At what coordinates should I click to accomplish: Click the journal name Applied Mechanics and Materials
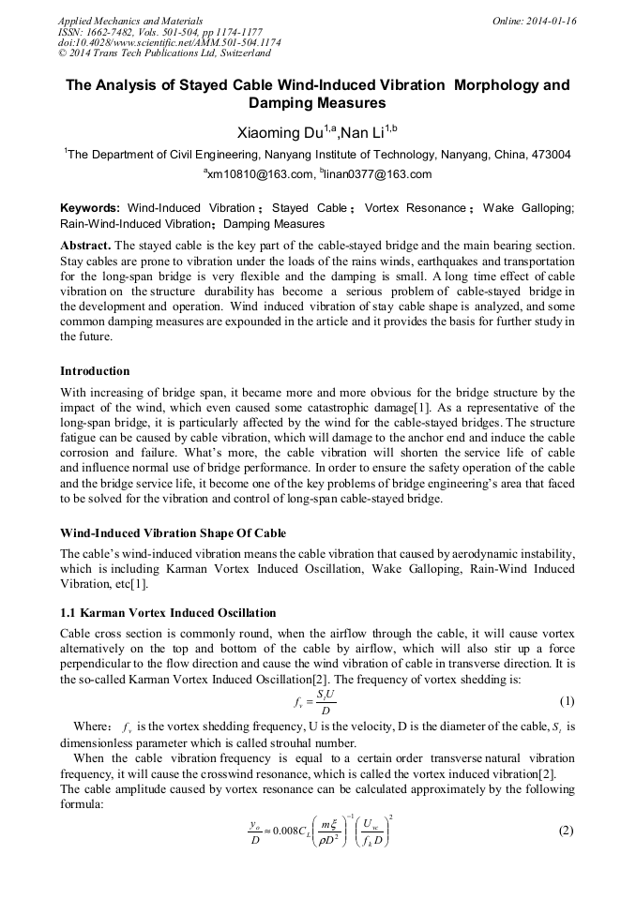pos(129,20)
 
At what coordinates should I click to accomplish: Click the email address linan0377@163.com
pos(379,174)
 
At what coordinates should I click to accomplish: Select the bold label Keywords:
pos(90,207)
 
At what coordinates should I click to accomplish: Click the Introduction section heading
pos(95,371)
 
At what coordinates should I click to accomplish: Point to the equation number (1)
pos(566,701)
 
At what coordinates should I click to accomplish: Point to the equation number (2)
pos(566,830)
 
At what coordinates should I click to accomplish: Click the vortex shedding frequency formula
pos(315,701)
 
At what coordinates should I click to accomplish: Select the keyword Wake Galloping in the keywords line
pos(527,207)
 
